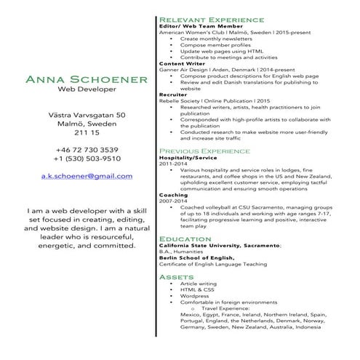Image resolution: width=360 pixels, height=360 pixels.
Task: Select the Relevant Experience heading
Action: [211, 18]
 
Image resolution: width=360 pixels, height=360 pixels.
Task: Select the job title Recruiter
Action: [173, 95]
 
